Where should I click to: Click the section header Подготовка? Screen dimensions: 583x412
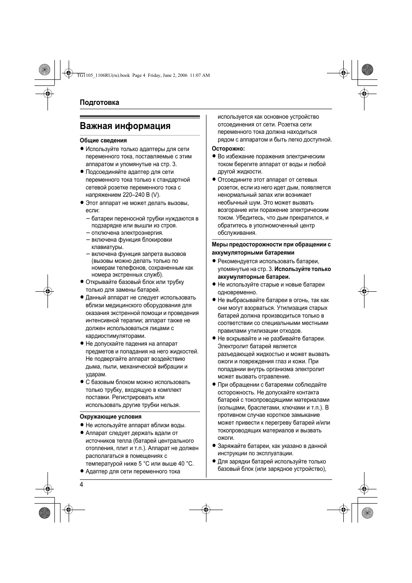[x=99, y=103]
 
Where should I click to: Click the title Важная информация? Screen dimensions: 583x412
[x=125, y=126]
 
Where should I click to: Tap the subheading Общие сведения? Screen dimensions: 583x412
[x=103, y=140]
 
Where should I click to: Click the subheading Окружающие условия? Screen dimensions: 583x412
[x=111, y=417]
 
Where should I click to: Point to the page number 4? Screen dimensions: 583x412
[x=81, y=484]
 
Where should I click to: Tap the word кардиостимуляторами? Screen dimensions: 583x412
[x=116, y=336]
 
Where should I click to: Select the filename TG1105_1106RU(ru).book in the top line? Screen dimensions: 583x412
[x=102, y=75]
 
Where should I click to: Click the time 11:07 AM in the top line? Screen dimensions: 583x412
[x=200, y=75]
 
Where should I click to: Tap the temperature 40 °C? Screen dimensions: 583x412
[x=186, y=464]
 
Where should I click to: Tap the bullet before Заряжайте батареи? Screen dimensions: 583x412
[x=213, y=446]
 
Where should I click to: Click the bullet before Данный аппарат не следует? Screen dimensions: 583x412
[x=81, y=298]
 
